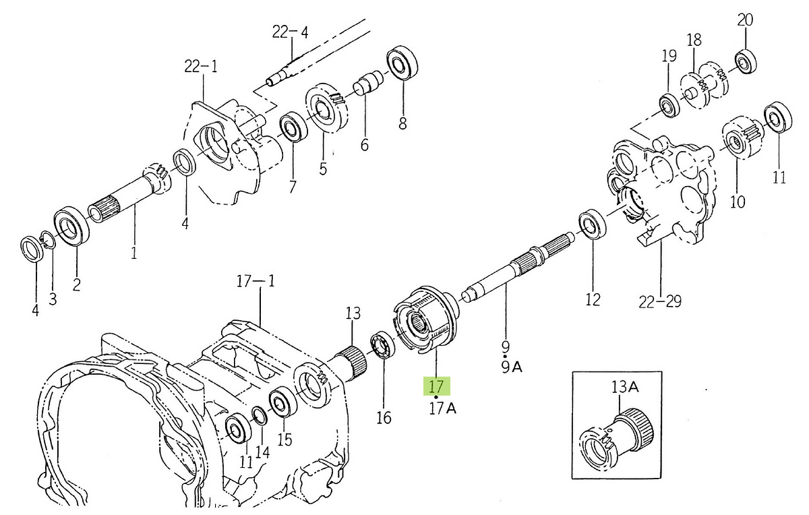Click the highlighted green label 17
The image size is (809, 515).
(436, 387)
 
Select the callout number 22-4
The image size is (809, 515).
(291, 32)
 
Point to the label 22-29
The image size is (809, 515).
(660, 301)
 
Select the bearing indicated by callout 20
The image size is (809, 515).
(745, 61)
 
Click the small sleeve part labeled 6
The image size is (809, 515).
(367, 86)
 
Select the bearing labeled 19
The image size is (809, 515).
(669, 106)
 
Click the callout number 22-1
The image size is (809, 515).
(201, 66)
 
